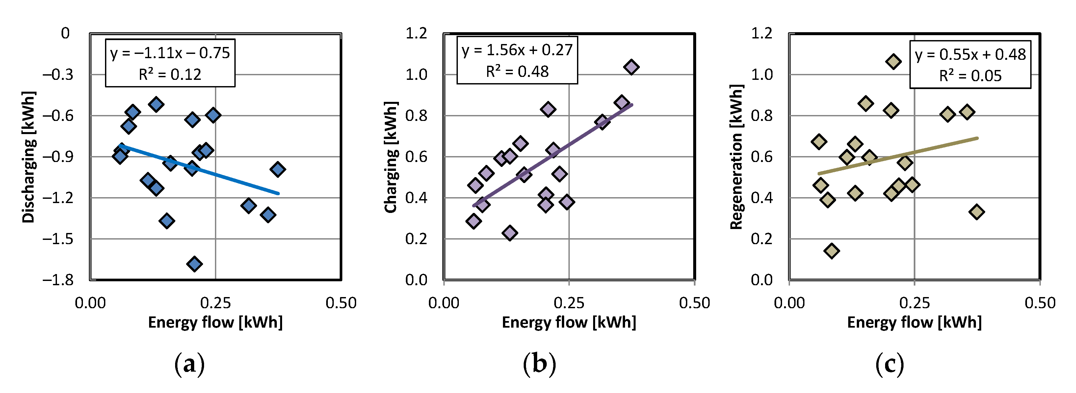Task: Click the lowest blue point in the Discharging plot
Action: tap(194, 264)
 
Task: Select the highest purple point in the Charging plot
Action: tap(631, 67)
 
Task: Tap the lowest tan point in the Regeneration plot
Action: tap(832, 251)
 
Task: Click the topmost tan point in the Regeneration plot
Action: tap(893, 62)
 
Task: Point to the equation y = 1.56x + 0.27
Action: tap(517, 50)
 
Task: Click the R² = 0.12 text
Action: tap(170, 75)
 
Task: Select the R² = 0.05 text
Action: tap(970, 76)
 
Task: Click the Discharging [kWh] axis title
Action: tap(28, 157)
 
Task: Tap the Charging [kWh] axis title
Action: tap(391, 157)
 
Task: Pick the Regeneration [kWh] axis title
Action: tap(736, 157)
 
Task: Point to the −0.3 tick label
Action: tap(58, 75)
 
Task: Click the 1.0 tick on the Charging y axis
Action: tap(416, 75)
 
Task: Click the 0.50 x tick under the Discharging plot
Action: tap(341, 303)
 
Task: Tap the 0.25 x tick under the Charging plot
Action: tap(569, 303)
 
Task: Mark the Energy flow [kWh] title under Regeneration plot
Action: tap(914, 322)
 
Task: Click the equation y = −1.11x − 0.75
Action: tap(170, 53)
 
